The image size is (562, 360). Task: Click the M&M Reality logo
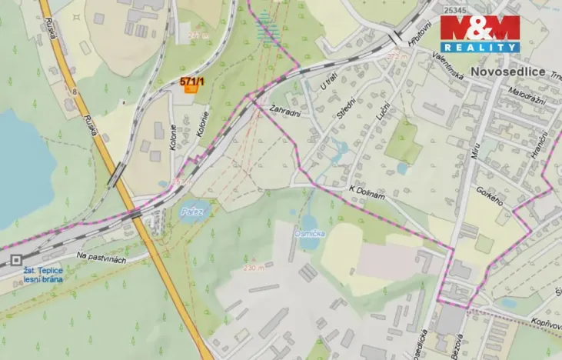tap(480, 33)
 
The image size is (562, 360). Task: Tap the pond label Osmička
tap(308, 234)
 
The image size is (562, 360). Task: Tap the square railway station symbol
tap(16, 261)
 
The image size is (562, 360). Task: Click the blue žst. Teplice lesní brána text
tap(42, 275)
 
